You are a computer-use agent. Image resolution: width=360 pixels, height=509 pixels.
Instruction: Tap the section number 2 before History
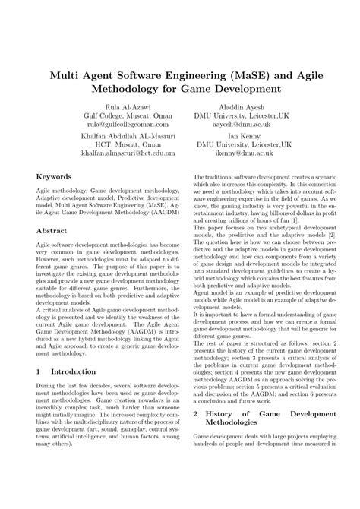(x=196, y=435)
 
